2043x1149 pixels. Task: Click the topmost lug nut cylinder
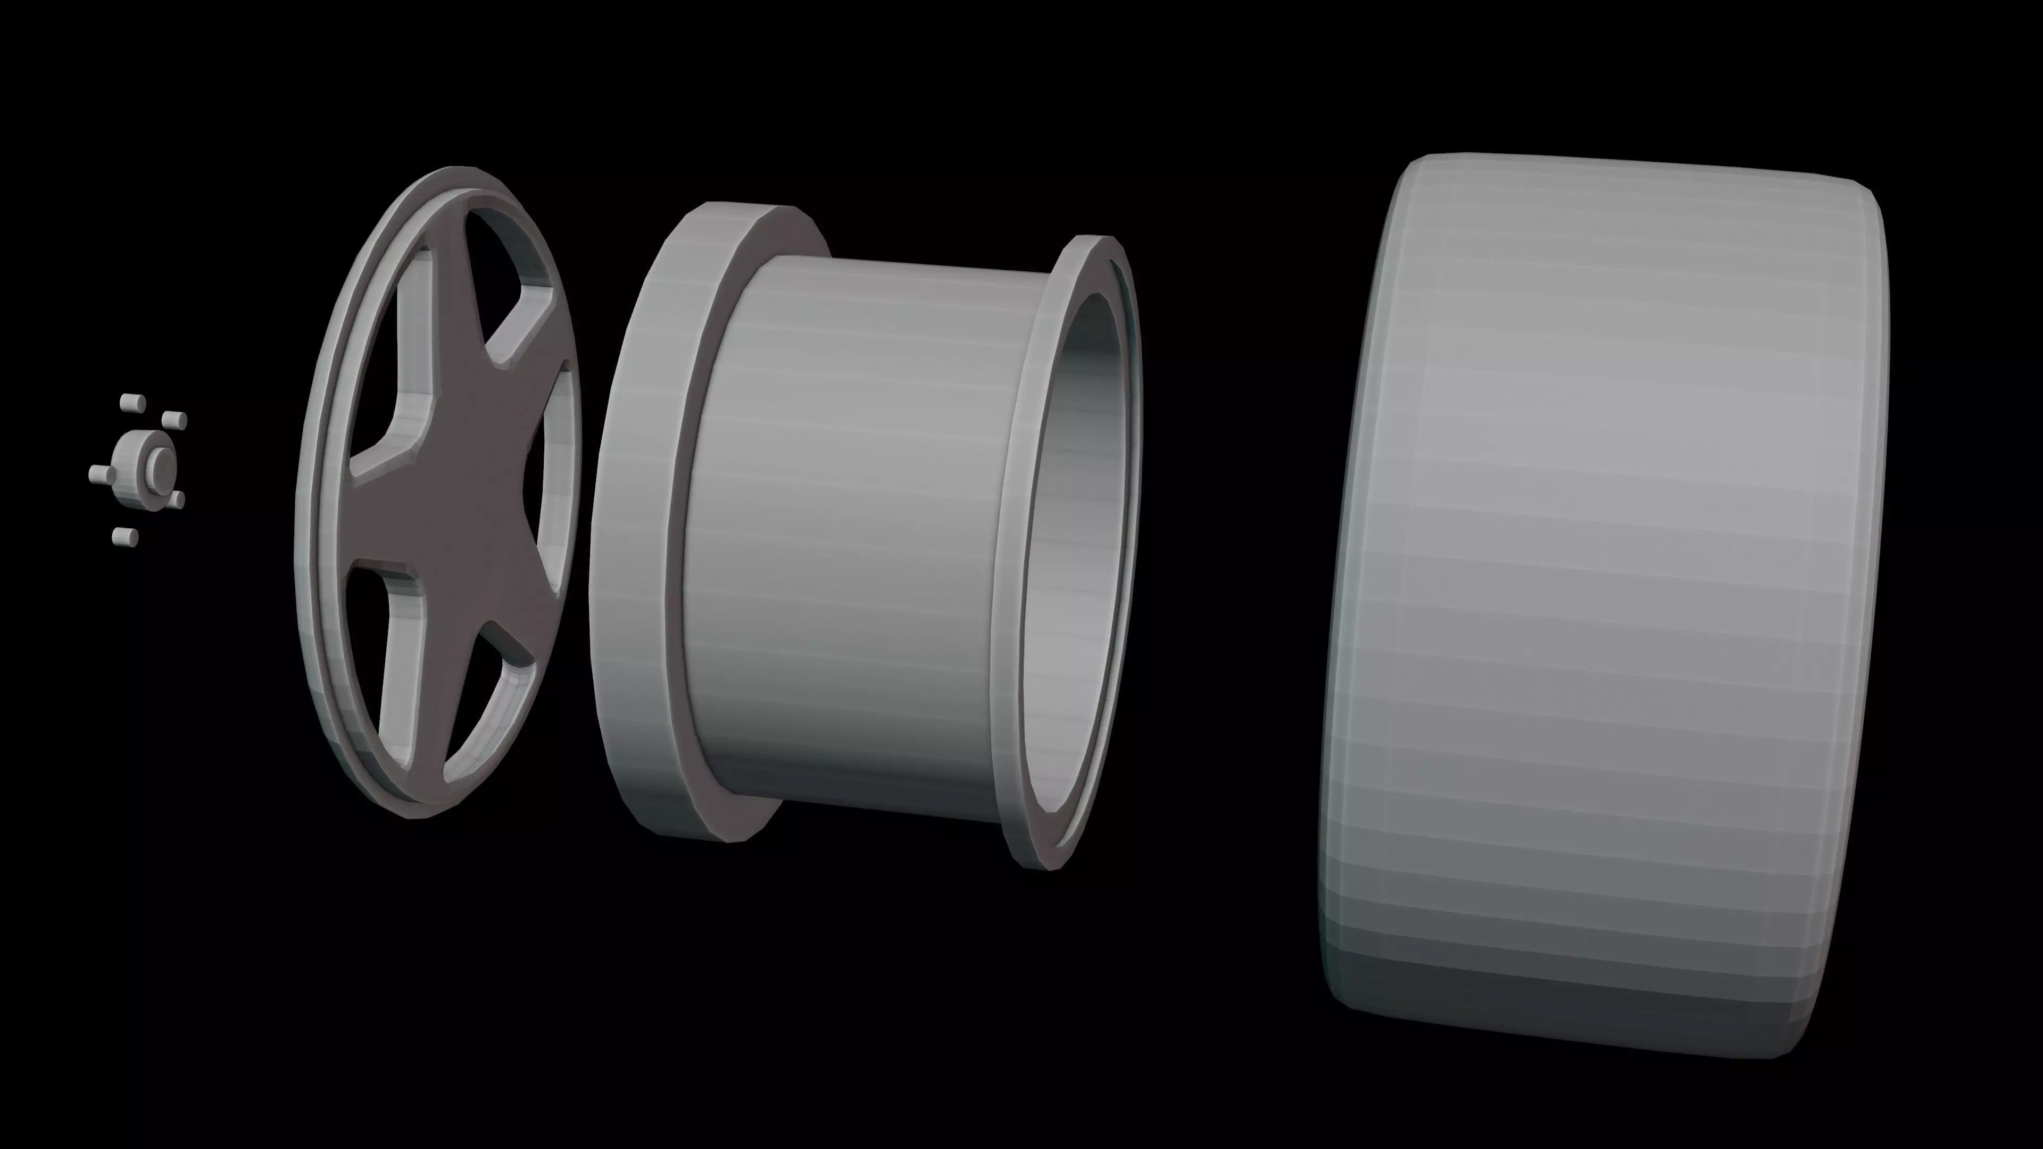131,403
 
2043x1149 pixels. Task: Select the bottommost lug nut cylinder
124,538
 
